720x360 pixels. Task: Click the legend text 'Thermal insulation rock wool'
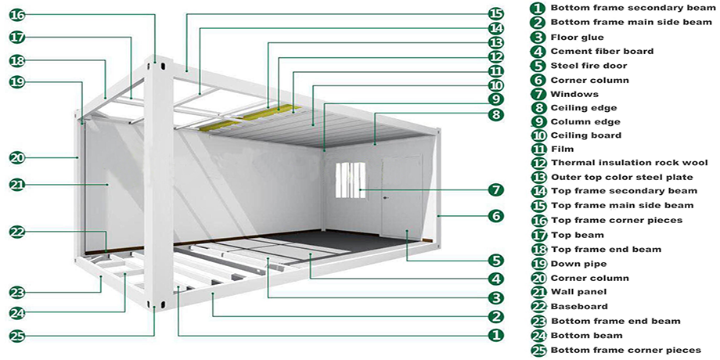tap(629, 163)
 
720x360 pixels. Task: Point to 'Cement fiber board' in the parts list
tap(602, 52)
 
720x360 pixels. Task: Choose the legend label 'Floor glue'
tap(577, 37)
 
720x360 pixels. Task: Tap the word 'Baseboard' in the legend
tap(579, 306)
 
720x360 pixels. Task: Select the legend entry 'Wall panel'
tap(579, 292)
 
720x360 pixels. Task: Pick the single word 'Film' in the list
tap(562, 149)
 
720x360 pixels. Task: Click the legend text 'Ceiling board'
tap(585, 135)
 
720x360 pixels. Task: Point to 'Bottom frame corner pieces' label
tap(625, 350)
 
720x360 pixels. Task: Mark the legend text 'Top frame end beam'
tap(606, 249)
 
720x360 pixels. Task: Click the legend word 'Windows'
tap(574, 94)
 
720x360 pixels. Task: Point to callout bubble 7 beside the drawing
tap(495, 190)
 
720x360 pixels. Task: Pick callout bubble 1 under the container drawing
tap(495, 335)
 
